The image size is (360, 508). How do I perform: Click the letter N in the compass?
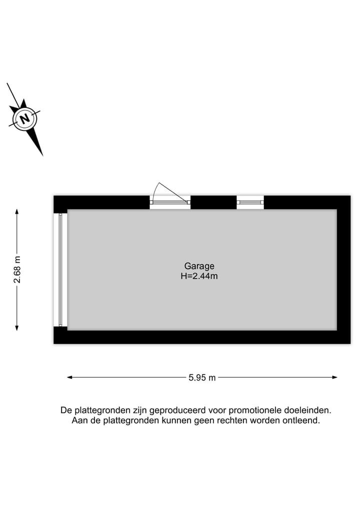click(24, 118)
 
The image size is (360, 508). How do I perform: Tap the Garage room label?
click(199, 266)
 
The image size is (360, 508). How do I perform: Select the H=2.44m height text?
click(199, 276)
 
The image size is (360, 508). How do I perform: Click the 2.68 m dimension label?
click(17, 270)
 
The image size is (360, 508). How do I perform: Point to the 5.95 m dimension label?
click(202, 378)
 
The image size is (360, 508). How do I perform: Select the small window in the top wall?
click(250, 202)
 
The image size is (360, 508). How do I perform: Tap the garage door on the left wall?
click(60, 270)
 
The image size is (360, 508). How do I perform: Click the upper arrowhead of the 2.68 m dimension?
click(17, 212)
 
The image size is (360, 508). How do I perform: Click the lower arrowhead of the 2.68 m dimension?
click(17, 328)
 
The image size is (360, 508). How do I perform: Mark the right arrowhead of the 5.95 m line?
click(334, 377)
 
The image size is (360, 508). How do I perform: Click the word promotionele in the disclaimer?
click(255, 411)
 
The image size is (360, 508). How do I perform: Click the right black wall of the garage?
click(344, 270)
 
